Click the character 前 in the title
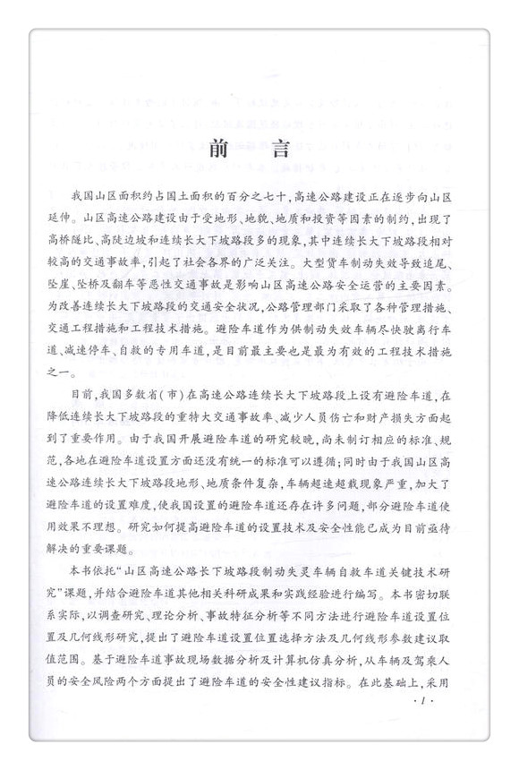pyautogui.click(x=218, y=151)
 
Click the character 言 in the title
pyautogui.click(x=299, y=151)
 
